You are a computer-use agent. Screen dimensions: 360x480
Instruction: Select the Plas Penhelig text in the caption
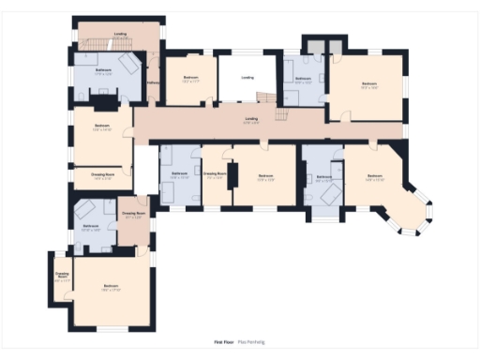pyautogui.click(x=251, y=343)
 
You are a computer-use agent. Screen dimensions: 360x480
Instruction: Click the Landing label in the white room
pyautogui.click(x=247, y=78)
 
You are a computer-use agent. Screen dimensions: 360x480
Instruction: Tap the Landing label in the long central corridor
pyautogui.click(x=251, y=119)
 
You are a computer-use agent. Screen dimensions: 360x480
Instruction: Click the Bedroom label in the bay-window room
pyautogui.click(x=375, y=175)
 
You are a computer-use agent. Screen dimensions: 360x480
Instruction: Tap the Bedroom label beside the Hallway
pyautogui.click(x=190, y=79)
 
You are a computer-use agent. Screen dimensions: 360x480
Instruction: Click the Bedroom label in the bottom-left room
pyautogui.click(x=111, y=287)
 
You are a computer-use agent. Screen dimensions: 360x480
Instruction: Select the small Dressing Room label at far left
pyautogui.click(x=62, y=276)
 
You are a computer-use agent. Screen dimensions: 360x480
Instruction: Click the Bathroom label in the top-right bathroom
pyautogui.click(x=303, y=80)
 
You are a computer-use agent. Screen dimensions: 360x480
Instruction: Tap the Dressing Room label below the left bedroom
pyautogui.click(x=102, y=174)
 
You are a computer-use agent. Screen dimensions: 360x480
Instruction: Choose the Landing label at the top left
pyautogui.click(x=120, y=35)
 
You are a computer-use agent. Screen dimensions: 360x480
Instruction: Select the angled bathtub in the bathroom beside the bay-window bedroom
pyautogui.click(x=328, y=193)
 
